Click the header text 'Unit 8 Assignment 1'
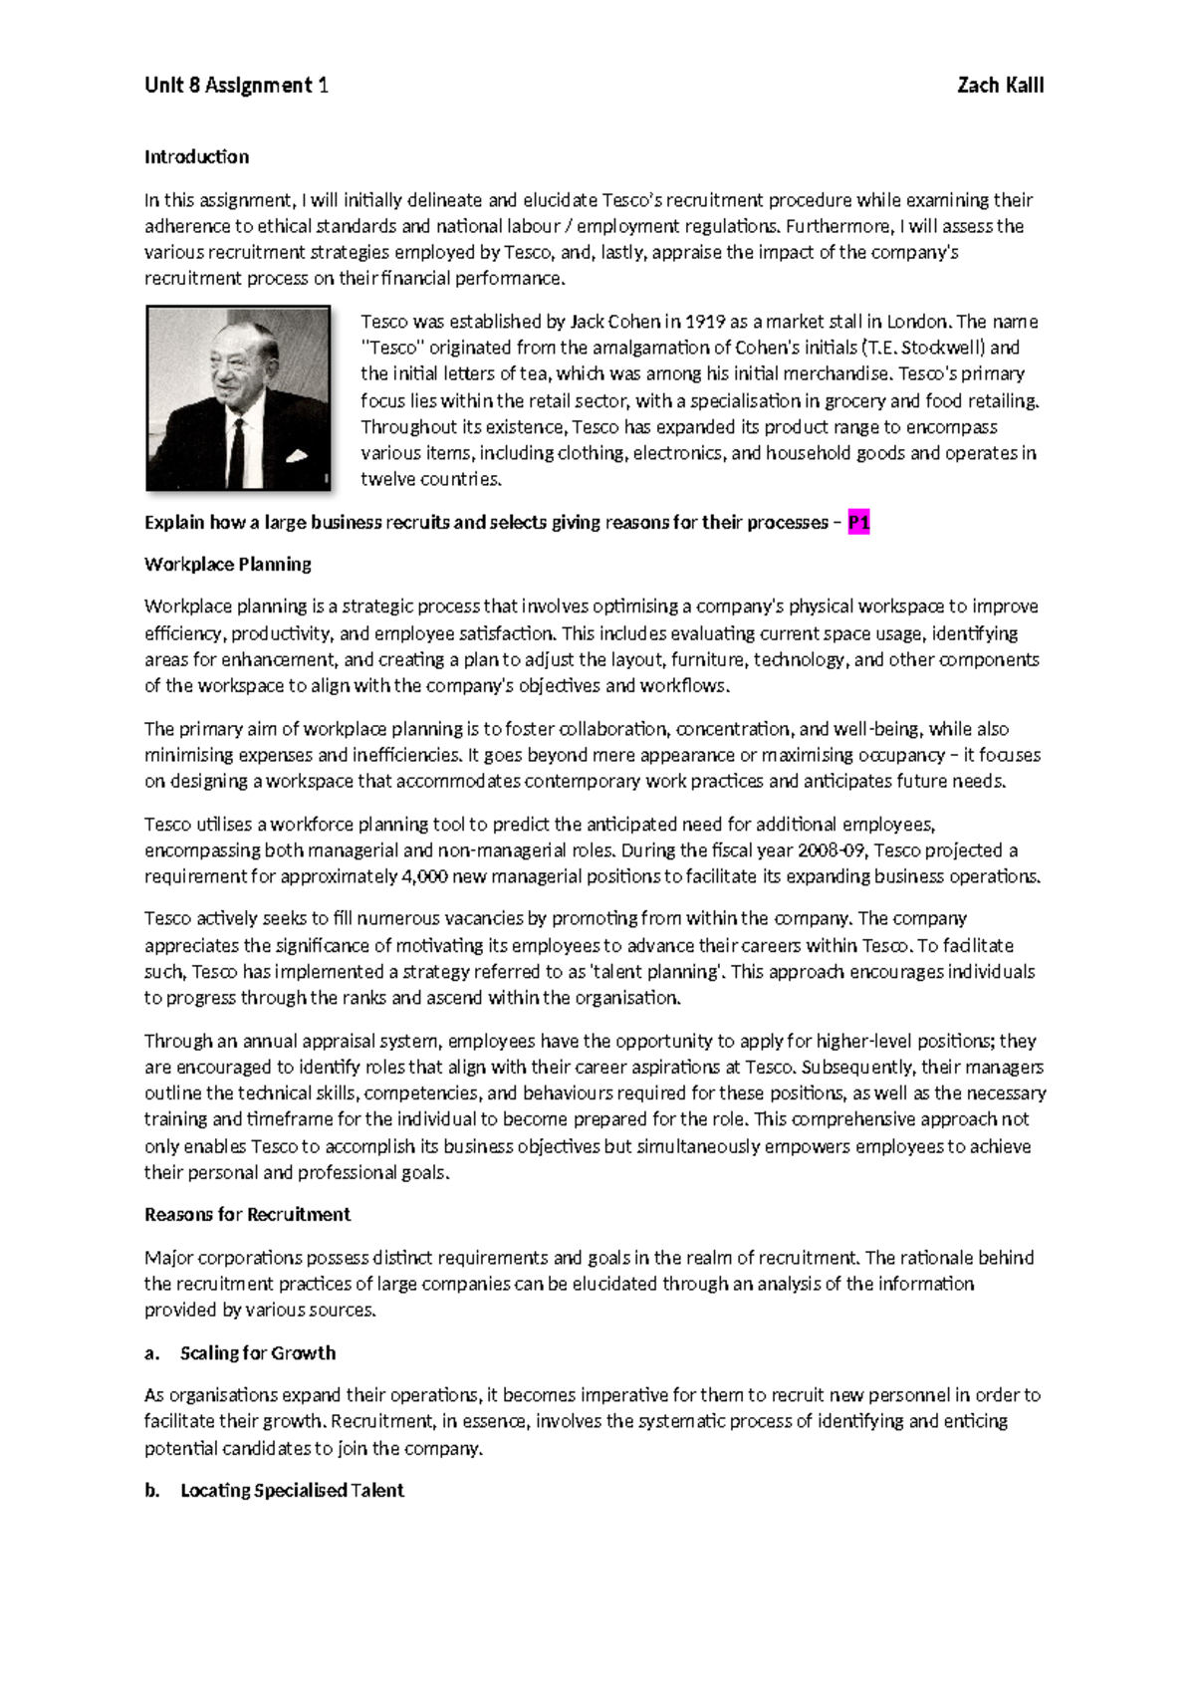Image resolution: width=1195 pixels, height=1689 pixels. [236, 86]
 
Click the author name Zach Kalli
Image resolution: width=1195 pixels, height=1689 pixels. [1000, 86]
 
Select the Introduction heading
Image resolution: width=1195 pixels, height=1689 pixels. [196, 156]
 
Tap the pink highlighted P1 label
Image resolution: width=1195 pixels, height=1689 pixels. [858, 523]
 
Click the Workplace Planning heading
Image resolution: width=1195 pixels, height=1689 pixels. [228, 565]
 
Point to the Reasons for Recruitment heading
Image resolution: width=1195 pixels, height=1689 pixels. [247, 1215]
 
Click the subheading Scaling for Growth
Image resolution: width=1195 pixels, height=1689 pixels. [258, 1353]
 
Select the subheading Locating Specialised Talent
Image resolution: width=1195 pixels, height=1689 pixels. [292, 1491]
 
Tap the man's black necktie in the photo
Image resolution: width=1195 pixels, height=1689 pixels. [236, 448]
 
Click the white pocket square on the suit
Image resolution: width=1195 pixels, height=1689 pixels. [296, 457]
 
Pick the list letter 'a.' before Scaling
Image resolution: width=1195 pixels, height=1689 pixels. [151, 1353]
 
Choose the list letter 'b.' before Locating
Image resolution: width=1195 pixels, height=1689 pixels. [151, 1491]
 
